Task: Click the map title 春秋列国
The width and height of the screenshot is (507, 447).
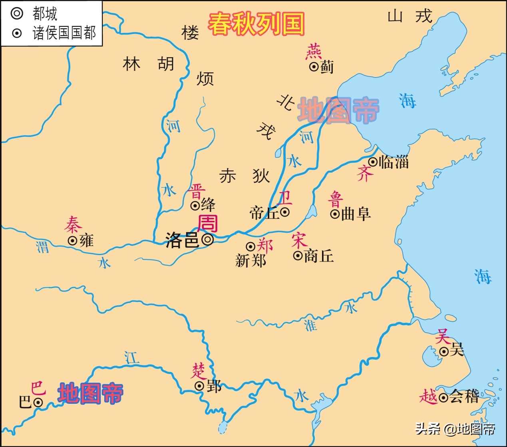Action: pyautogui.click(x=256, y=24)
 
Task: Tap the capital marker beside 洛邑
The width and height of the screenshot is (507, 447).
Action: pyautogui.click(x=208, y=239)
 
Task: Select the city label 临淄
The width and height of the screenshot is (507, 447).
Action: pyautogui.click(x=394, y=162)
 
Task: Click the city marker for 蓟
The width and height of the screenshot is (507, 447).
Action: pyautogui.click(x=314, y=66)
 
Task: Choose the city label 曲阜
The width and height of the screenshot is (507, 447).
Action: pyautogui.click(x=356, y=214)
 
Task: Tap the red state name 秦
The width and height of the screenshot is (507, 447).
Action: pyautogui.click(x=73, y=225)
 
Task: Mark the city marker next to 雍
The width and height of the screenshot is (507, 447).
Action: pyautogui.click(x=72, y=241)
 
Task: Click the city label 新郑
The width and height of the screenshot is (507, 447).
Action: pyautogui.click(x=251, y=261)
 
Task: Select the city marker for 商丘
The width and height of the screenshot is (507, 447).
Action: pyautogui.click(x=298, y=255)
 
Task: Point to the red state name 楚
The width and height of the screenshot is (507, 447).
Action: pyautogui.click(x=199, y=371)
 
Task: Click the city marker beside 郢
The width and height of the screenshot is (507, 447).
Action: pyautogui.click(x=199, y=386)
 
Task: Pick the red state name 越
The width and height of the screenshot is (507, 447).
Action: pyautogui.click(x=428, y=397)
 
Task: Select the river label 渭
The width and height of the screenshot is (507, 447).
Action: pyautogui.click(x=43, y=246)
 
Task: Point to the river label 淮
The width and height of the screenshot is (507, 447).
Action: pyautogui.click(x=310, y=325)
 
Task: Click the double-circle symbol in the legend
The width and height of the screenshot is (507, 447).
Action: pyautogui.click(x=17, y=14)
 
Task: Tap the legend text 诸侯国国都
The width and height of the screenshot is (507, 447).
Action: pyautogui.click(x=64, y=33)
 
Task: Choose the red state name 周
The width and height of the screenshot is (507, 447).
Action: pyautogui.click(x=208, y=224)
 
